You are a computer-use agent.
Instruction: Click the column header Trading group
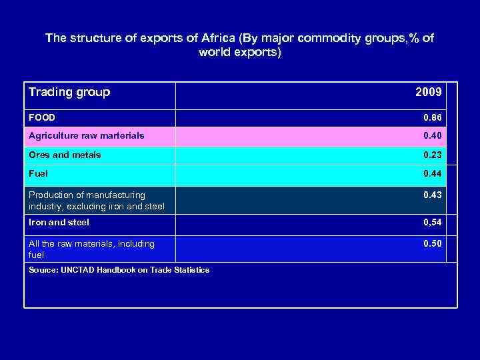(x=69, y=92)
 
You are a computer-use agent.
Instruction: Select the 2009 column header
(x=428, y=92)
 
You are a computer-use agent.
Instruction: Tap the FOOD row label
(x=42, y=118)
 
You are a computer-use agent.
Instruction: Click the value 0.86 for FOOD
(x=432, y=118)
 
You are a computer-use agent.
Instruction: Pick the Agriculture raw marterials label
(x=86, y=136)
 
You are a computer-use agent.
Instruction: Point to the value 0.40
(x=432, y=136)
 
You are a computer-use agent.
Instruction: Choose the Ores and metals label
(x=65, y=155)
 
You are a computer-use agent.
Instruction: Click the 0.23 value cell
(x=432, y=155)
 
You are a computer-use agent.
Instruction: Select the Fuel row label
(x=39, y=173)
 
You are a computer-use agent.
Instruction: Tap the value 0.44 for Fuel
(x=432, y=173)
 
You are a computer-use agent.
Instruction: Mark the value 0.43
(x=432, y=195)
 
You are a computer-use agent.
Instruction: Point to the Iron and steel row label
(x=59, y=222)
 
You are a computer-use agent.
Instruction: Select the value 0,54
(x=432, y=222)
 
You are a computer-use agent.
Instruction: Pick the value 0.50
(x=432, y=243)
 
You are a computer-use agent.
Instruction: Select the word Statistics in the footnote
(x=189, y=270)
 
